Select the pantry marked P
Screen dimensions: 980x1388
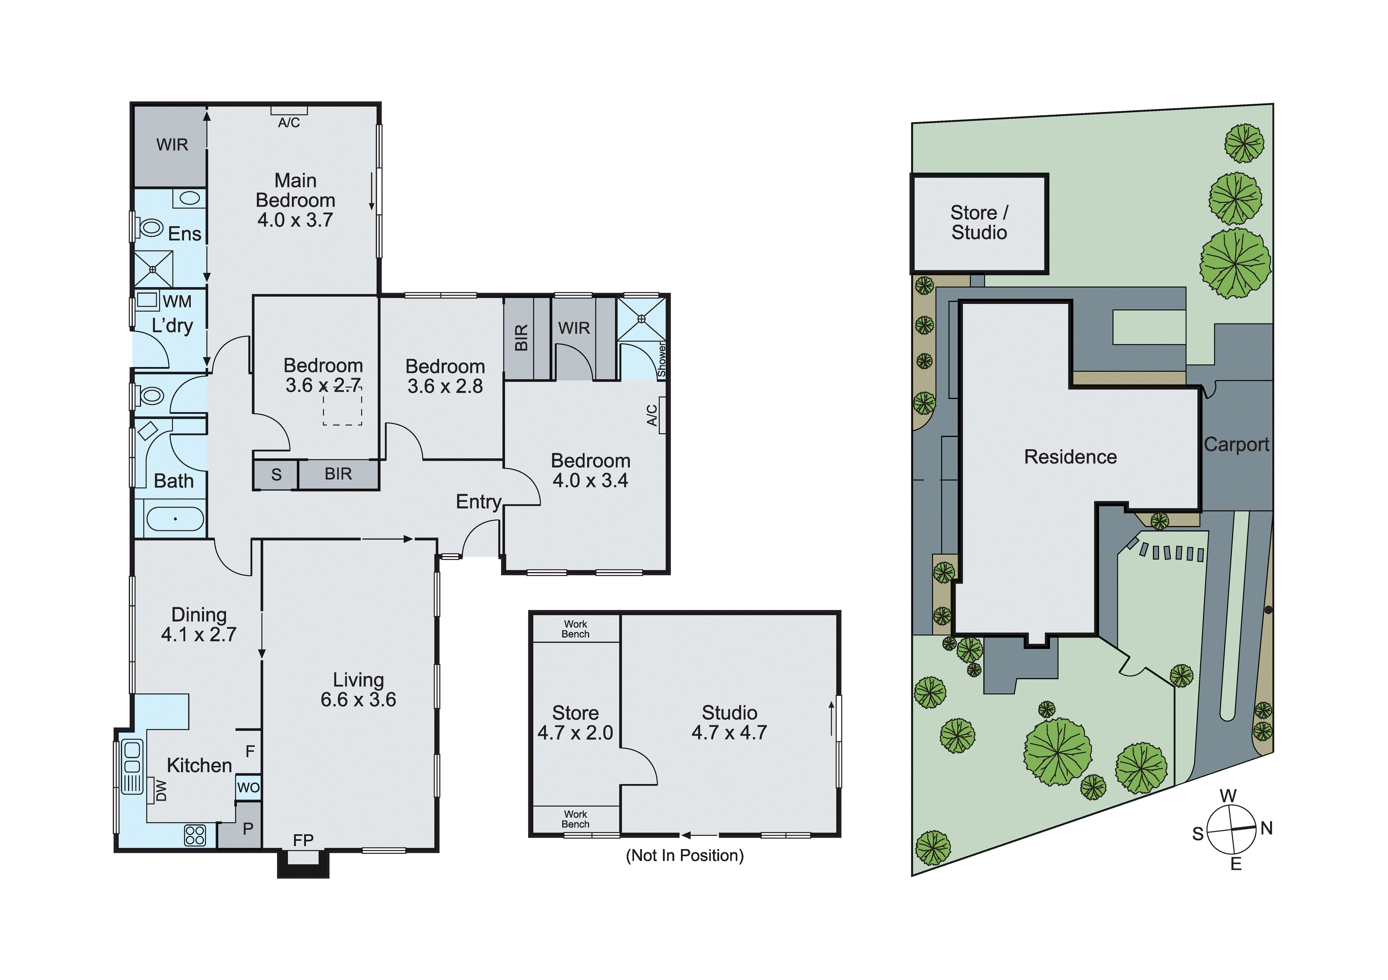(248, 829)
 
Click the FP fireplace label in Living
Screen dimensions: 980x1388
(303, 840)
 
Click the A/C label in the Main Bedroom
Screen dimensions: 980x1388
(289, 123)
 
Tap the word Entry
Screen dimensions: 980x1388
(478, 501)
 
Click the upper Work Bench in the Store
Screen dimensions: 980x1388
(575, 629)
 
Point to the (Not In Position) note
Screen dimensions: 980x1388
(684, 855)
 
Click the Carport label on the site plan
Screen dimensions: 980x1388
(1236, 445)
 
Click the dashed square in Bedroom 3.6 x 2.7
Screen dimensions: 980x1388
(342, 405)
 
